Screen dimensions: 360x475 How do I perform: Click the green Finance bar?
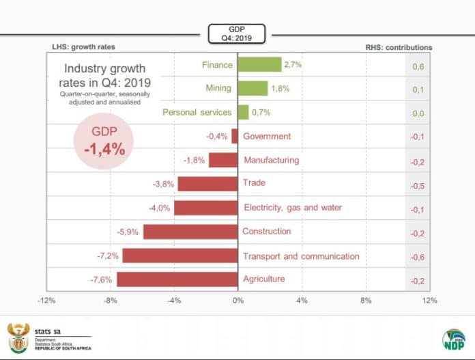pos(259,64)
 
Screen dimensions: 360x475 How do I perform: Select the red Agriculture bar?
pos(177,279)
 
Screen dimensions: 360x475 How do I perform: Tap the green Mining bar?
pos(253,88)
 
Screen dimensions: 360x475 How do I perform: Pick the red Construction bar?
pos(190,232)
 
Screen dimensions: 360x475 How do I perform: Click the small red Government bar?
pos(234,136)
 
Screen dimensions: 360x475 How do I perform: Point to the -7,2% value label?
pos(108,255)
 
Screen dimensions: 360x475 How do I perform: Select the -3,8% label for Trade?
pos(164,184)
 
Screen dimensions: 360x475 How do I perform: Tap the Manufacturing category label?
pos(271,160)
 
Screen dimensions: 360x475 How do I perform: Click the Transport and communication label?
pos(301,256)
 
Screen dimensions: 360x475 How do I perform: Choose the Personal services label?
pos(197,112)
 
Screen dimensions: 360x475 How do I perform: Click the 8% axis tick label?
pos(366,300)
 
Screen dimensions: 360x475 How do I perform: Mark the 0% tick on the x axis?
pos(237,300)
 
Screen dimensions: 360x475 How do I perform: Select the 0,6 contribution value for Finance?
pos(418,66)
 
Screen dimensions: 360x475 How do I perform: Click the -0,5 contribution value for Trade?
pos(418,186)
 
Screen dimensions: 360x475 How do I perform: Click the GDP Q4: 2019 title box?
pos(236,33)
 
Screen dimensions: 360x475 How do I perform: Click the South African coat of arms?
pos(18,337)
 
